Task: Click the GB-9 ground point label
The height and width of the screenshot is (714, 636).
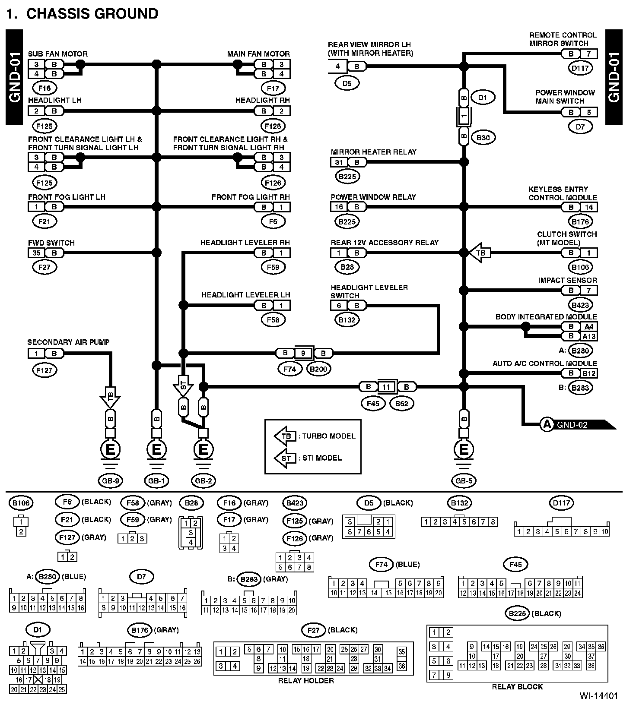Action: (110, 480)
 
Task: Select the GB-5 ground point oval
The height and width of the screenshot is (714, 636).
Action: (464, 480)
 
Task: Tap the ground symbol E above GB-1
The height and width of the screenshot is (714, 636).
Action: (156, 450)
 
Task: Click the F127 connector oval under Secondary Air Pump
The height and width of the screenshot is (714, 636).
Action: (45, 370)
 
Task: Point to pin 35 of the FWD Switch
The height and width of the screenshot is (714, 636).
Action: (36, 253)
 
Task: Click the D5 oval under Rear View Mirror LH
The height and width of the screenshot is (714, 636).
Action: (347, 83)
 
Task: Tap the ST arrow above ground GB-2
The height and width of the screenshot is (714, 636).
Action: (183, 385)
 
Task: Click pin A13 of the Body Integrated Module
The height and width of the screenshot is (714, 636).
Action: (589, 336)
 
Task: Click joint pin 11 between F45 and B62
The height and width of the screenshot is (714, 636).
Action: (386, 387)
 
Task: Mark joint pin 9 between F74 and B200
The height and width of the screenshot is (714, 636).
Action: (303, 354)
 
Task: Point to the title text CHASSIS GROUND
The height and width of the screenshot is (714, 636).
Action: (92, 14)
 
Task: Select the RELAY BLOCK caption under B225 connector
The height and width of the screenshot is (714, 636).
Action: (517, 686)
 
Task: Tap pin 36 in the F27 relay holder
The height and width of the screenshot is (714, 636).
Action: (402, 666)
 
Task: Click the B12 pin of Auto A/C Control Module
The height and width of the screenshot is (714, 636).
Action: (589, 373)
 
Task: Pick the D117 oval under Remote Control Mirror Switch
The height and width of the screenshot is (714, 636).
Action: (580, 68)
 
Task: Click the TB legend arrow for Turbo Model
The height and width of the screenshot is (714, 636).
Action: (285, 436)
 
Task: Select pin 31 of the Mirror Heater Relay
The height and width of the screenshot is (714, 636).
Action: (339, 162)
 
